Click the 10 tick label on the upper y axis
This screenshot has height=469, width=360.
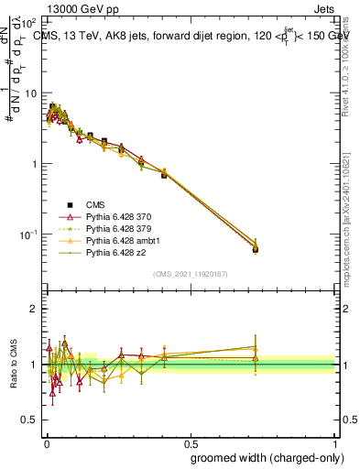coord(31,93)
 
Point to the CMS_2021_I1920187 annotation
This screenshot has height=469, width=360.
coord(191,273)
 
